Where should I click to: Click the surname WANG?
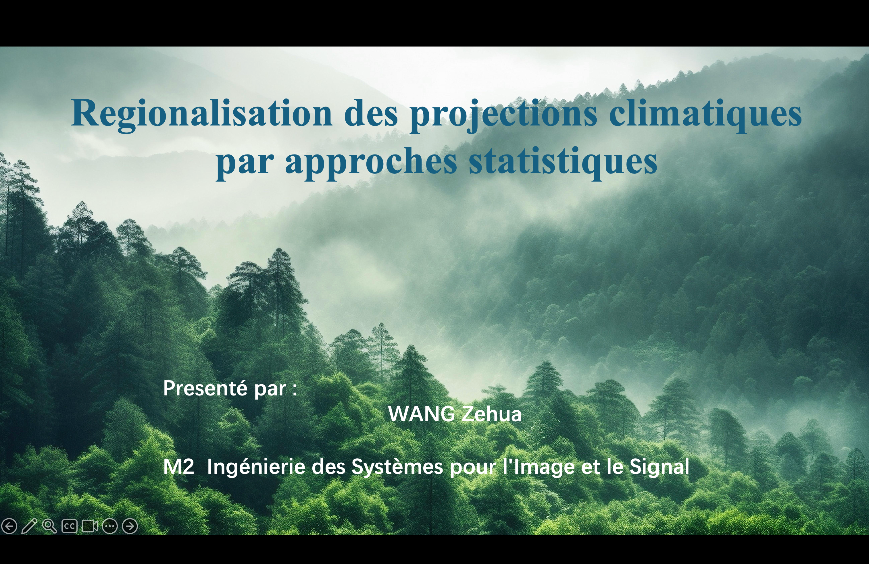click(x=421, y=414)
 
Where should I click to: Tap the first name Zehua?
click(x=491, y=414)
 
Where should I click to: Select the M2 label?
click(x=178, y=466)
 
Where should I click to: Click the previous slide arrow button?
click(x=9, y=526)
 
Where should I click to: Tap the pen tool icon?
click(x=29, y=526)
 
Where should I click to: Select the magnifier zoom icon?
click(x=49, y=526)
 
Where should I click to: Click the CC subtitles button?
click(x=69, y=526)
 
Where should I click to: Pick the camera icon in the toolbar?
click(x=89, y=526)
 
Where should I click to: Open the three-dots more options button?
click(x=109, y=526)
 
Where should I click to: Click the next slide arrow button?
click(x=130, y=526)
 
